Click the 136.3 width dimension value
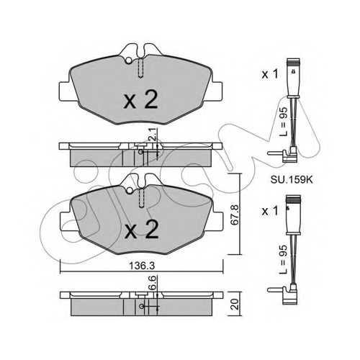(142, 266)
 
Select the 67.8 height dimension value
(234, 215)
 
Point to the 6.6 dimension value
(153, 282)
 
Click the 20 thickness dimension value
(235, 304)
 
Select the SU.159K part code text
(292, 180)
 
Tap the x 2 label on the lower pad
(142, 230)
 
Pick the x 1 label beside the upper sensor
(270, 74)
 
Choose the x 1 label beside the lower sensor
(270, 211)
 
